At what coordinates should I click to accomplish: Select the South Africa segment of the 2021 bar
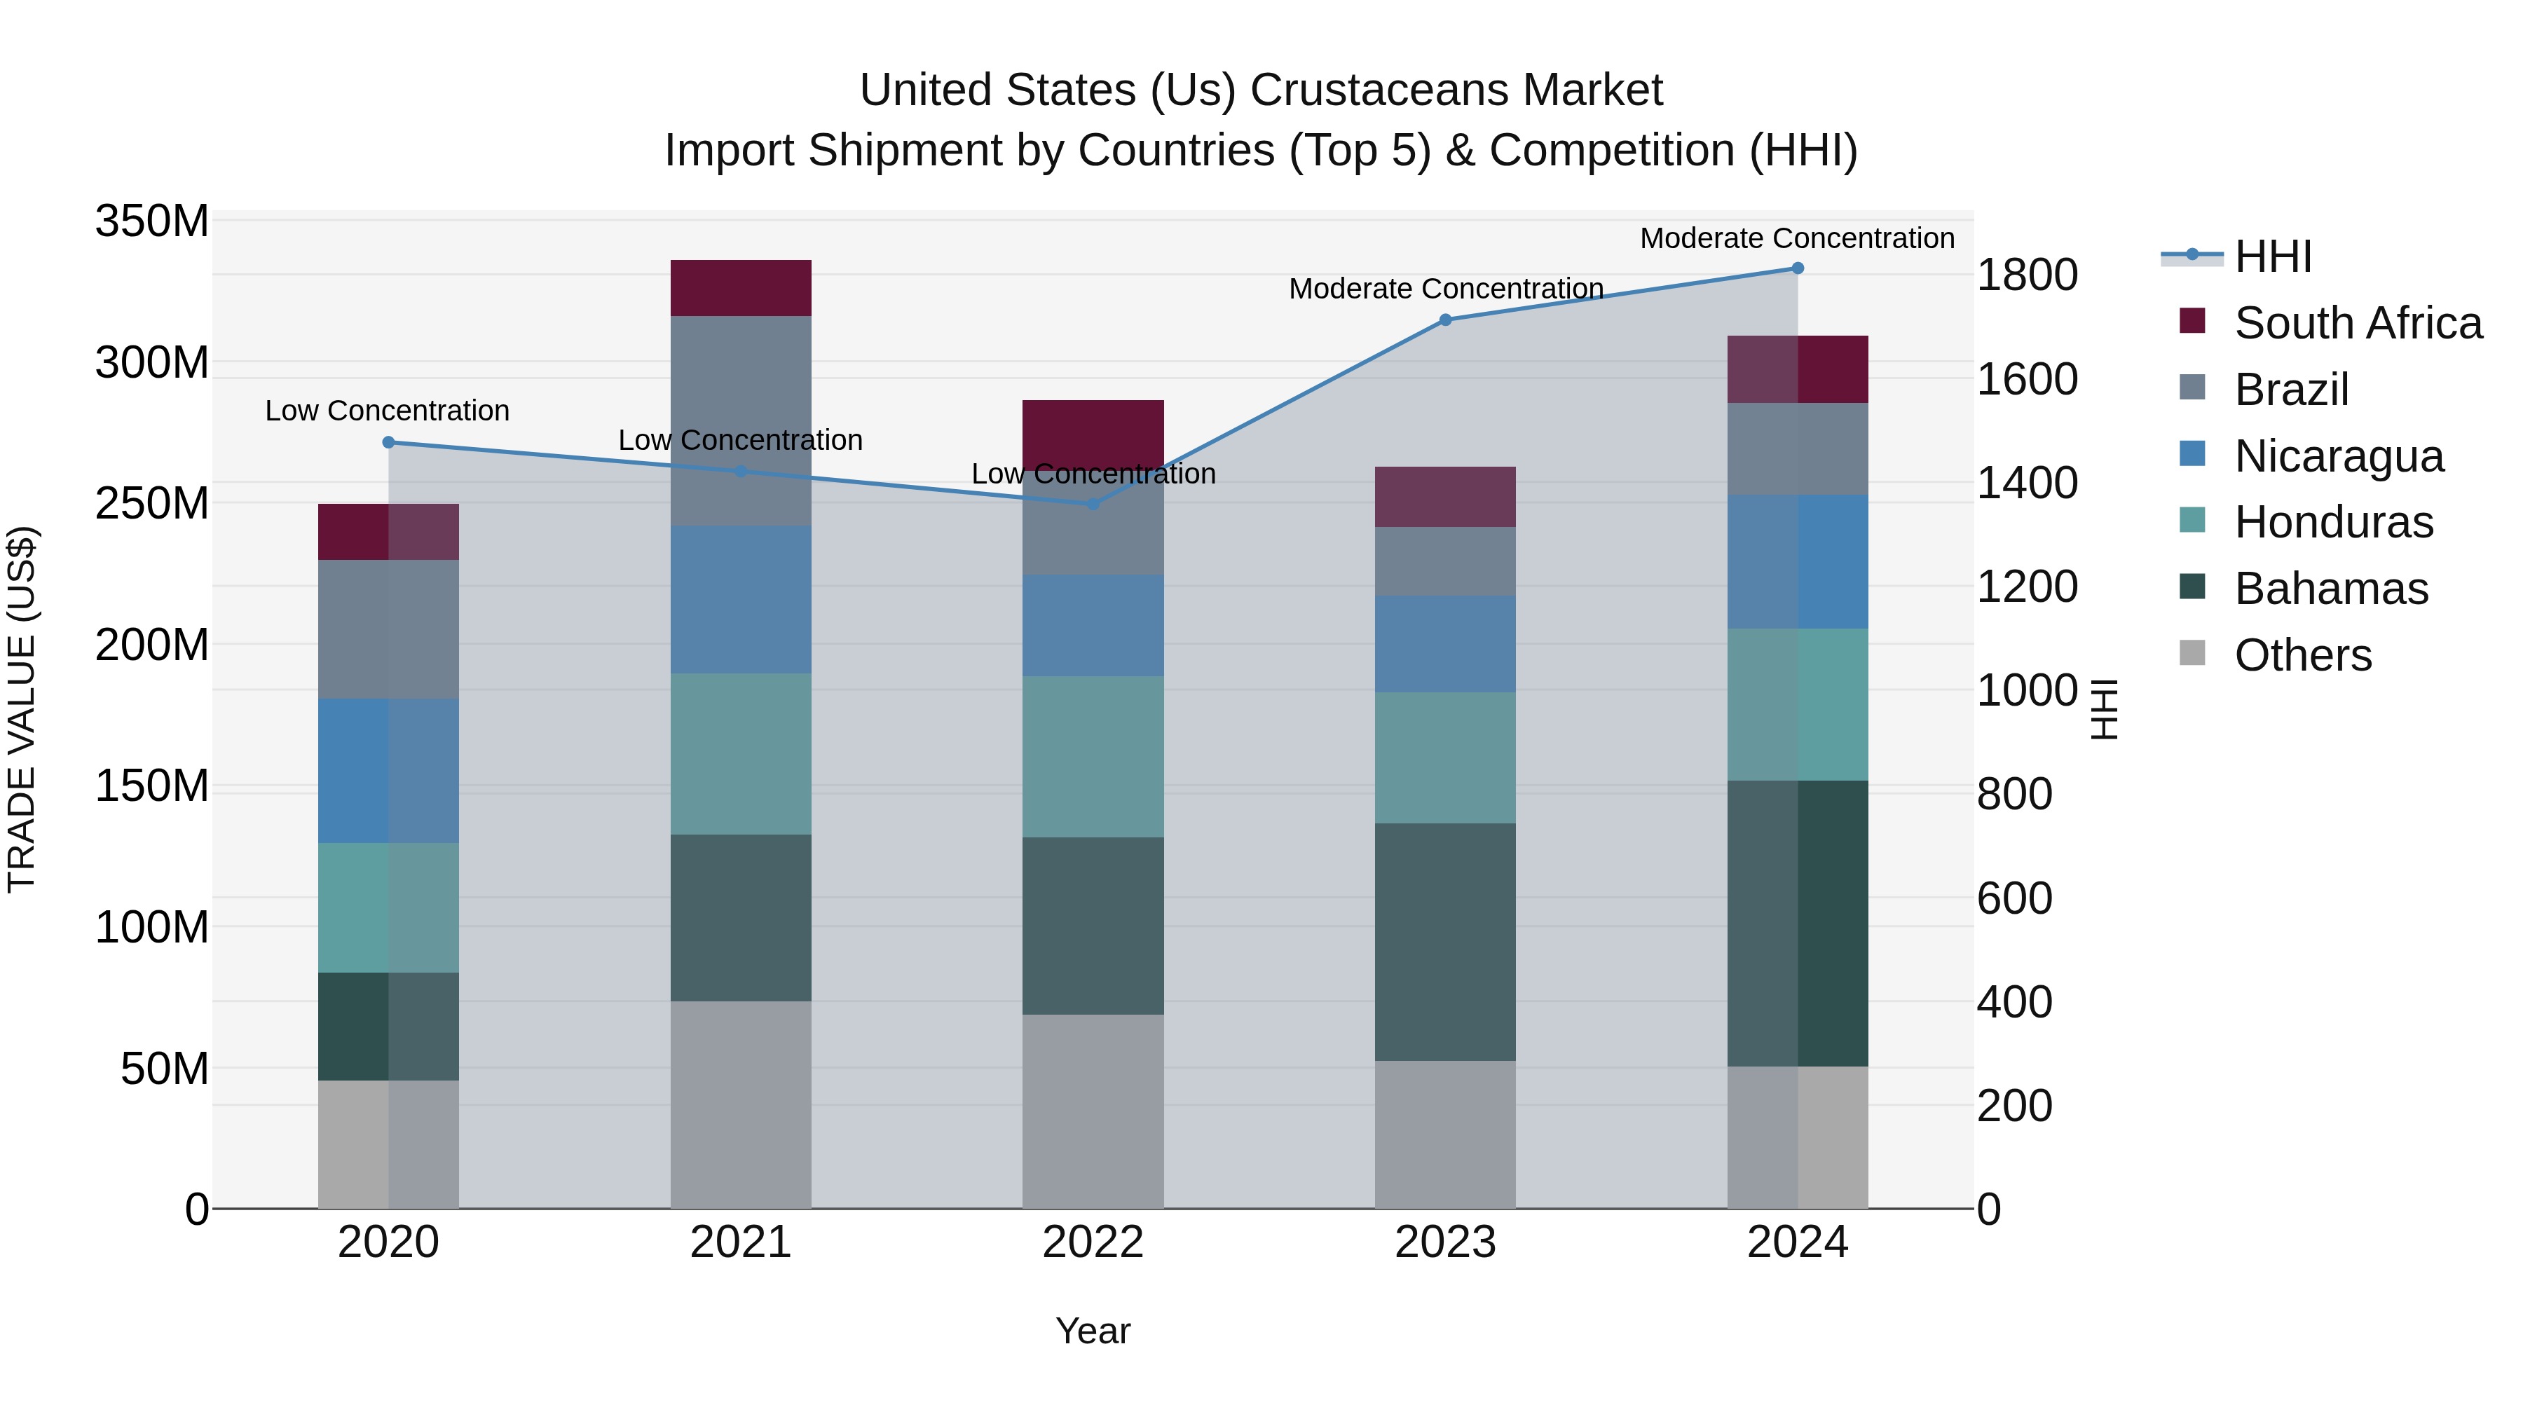click(741, 288)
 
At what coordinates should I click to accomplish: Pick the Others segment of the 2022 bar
click(1093, 1111)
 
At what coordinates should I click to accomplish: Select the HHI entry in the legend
click(2272, 256)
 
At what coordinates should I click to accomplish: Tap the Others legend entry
click(2302, 655)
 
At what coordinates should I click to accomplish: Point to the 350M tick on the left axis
click(152, 222)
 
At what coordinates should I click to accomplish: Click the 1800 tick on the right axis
click(2026, 275)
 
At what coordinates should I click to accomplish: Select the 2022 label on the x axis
click(1093, 1242)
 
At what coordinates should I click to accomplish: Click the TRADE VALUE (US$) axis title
click(22, 710)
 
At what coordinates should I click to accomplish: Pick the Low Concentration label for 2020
click(387, 411)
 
